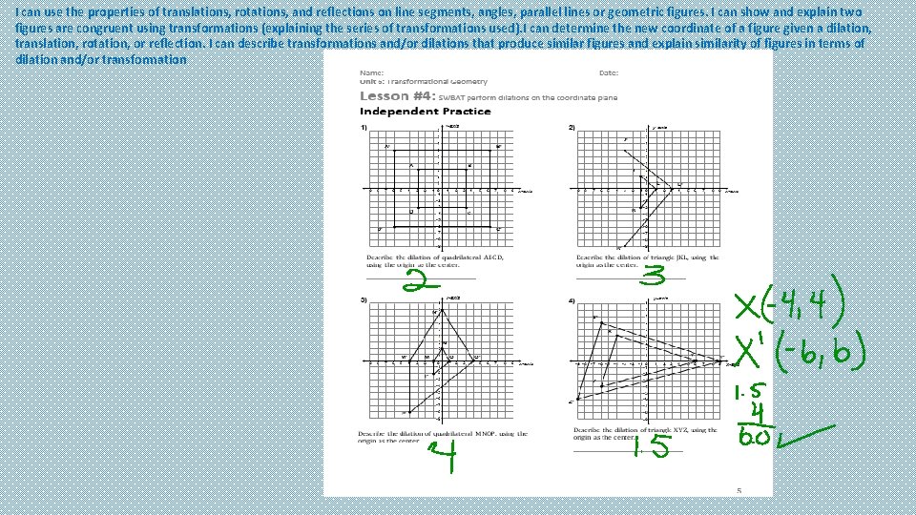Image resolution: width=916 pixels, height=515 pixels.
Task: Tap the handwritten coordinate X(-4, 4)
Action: tap(800, 308)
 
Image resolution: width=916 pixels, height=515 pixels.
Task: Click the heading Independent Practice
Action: tap(425, 112)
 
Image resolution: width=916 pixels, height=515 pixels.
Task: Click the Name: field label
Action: tap(372, 72)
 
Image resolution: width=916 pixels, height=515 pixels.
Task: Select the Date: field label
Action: tap(609, 72)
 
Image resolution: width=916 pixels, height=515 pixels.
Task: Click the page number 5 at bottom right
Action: tap(738, 490)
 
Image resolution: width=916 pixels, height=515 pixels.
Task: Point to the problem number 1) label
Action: tap(364, 128)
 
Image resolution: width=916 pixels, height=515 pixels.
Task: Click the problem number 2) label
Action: tap(572, 128)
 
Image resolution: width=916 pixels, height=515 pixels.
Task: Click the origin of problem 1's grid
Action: tap(438, 190)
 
